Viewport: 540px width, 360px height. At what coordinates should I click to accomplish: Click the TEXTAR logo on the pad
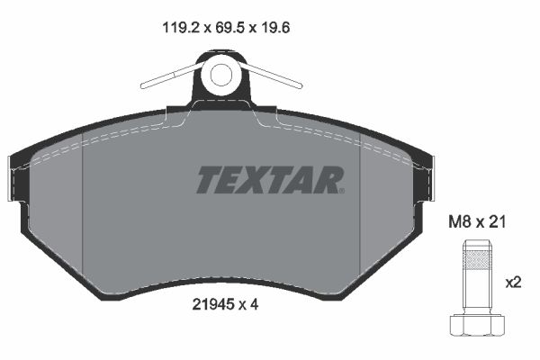click(270, 180)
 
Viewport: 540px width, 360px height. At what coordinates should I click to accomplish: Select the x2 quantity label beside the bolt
click(514, 283)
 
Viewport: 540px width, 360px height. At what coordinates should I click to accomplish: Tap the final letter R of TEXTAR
click(330, 180)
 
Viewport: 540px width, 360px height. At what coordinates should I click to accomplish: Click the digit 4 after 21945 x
click(256, 304)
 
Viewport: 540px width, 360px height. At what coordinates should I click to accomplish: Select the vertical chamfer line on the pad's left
click(83, 207)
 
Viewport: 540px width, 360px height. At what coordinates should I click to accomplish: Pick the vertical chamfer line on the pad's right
click(360, 207)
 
